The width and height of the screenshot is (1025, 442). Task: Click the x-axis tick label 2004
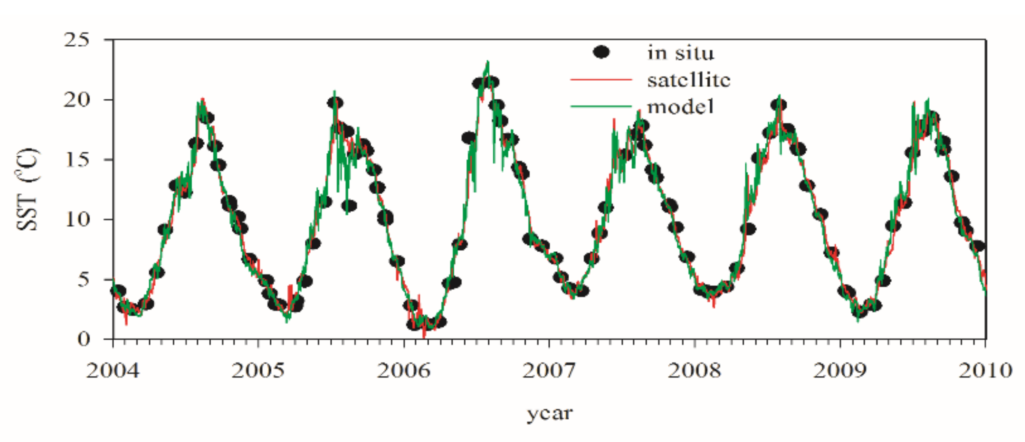pyautogui.click(x=113, y=371)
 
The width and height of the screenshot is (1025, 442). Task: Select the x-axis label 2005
pyautogui.click(x=258, y=371)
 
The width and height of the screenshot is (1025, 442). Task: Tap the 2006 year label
pyautogui.click(x=403, y=371)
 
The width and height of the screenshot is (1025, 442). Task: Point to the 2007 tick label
pyautogui.click(x=549, y=371)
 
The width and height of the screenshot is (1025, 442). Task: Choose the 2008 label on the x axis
pyautogui.click(x=694, y=371)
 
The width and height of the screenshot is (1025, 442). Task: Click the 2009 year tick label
pyautogui.click(x=840, y=371)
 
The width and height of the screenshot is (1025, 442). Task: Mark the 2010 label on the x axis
pyautogui.click(x=985, y=371)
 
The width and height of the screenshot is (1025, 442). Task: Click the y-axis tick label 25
pyautogui.click(x=77, y=40)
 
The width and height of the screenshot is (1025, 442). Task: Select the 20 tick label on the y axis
pyautogui.click(x=77, y=100)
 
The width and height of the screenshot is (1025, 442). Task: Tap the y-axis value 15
pyautogui.click(x=77, y=160)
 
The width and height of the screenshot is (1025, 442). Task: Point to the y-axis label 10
pyautogui.click(x=77, y=219)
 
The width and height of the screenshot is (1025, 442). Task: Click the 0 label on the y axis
pyautogui.click(x=84, y=339)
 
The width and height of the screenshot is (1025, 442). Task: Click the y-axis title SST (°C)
pyautogui.click(x=27, y=189)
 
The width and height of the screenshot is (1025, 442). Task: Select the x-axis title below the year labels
pyautogui.click(x=549, y=414)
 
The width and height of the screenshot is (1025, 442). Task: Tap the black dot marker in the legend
pyautogui.click(x=601, y=52)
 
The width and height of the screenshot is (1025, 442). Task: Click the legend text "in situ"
pyautogui.click(x=681, y=53)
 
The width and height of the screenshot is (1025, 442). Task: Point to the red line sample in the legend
pyautogui.click(x=601, y=80)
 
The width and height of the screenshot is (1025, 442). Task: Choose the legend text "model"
pyautogui.click(x=681, y=107)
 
